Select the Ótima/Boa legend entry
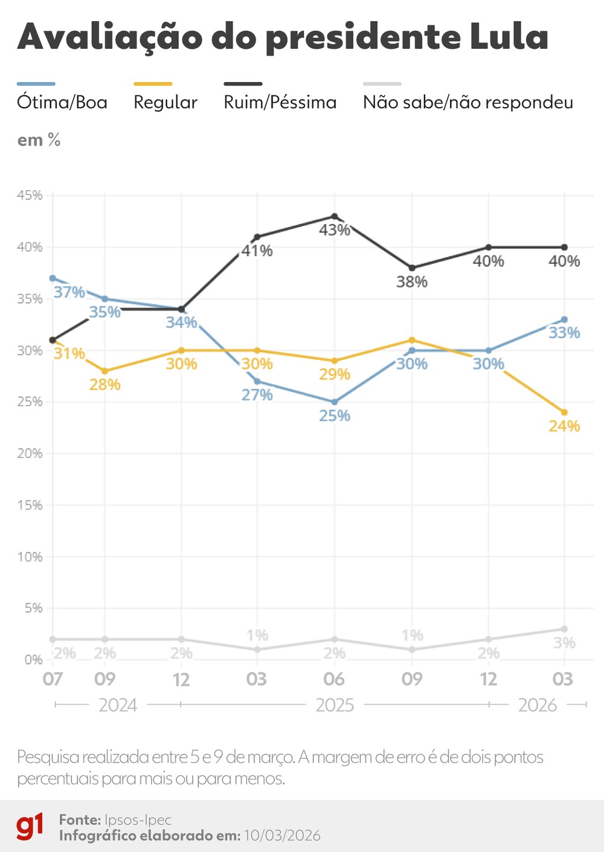click(62, 102)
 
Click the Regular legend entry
click(165, 102)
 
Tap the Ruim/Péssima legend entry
click(280, 102)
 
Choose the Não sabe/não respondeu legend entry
click(467, 102)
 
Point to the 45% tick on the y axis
click(30, 195)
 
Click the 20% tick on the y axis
click(30, 453)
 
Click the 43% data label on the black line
click(334, 230)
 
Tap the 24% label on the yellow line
click(564, 426)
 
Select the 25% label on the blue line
click(334, 416)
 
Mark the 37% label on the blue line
click(69, 292)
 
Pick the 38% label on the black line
click(411, 282)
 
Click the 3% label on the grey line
click(564, 643)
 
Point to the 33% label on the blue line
click(564, 333)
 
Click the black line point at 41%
click(257, 237)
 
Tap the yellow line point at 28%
click(105, 371)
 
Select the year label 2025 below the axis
click(335, 705)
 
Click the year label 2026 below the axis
click(537, 705)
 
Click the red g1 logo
click(30, 827)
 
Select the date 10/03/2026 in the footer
click(282, 836)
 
